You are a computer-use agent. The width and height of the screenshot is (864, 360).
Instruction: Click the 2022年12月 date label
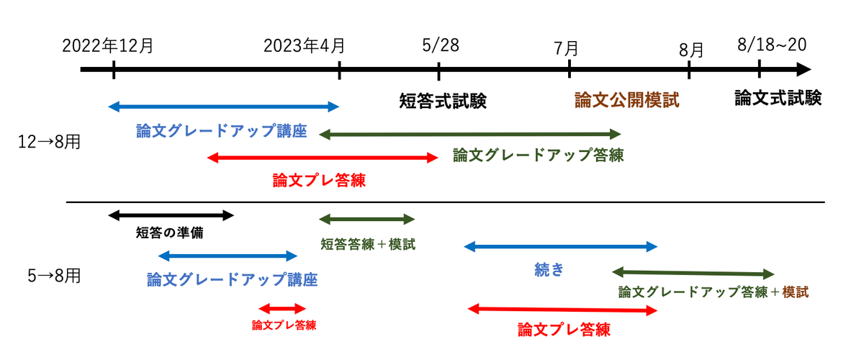107,46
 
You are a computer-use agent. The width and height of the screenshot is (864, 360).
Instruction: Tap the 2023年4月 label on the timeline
304,46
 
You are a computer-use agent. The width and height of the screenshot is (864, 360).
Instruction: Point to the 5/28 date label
441,45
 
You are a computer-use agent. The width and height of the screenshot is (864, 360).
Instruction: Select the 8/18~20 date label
772,45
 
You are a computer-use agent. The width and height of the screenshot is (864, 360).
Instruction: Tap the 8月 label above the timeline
691,50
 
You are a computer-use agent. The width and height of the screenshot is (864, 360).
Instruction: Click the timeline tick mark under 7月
570,68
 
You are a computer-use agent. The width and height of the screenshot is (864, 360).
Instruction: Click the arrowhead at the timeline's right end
804,69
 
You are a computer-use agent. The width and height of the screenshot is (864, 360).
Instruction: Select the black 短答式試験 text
442,101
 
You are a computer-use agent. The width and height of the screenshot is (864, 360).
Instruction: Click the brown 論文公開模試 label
627,100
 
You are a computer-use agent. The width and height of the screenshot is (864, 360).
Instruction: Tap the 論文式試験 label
778,98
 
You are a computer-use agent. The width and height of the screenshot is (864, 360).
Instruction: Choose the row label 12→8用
49,142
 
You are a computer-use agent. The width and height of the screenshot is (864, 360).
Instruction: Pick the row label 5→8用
54,276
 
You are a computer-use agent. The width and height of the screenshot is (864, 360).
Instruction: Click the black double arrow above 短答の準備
171,215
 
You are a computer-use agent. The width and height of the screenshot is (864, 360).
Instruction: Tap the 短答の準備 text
169,233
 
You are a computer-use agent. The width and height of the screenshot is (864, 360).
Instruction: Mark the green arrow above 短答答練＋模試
366,219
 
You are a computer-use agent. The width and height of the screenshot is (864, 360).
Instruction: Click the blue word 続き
549,270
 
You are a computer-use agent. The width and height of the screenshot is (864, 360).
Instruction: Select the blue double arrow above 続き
560,246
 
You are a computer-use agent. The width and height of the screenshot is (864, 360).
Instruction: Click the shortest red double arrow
282,309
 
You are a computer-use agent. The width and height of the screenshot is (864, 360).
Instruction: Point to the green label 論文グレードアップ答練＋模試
714,292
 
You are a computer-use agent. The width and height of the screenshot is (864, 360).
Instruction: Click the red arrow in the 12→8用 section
323,158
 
